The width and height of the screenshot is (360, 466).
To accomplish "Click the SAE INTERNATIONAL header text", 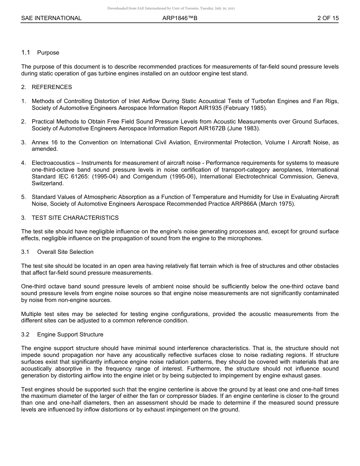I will [51, 18].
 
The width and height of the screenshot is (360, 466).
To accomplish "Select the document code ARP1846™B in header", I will [180, 18].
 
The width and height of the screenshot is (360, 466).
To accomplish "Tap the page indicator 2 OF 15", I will [328, 18].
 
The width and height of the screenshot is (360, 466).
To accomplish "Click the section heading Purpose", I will [48, 53].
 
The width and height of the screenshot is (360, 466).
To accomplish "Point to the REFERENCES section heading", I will [52, 87].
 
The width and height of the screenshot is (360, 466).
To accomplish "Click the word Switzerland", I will [48, 183].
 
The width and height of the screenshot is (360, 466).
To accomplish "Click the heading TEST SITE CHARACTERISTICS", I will [75, 218].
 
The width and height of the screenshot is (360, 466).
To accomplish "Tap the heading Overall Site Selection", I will [65, 252].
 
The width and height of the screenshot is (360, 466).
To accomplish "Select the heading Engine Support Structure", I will [70, 335].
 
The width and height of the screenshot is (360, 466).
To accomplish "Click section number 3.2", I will [25, 335].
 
